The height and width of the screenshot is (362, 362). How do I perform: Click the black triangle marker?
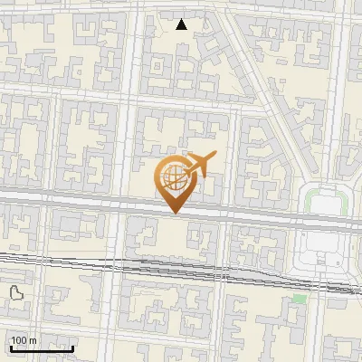[182, 24]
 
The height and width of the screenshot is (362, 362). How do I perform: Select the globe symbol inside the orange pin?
[175, 178]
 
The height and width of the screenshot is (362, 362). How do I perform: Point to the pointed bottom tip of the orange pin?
[175, 213]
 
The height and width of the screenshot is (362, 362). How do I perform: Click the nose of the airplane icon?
[214, 157]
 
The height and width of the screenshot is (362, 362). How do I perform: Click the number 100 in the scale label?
[19, 339]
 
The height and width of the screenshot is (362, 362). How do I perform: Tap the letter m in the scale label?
[33, 339]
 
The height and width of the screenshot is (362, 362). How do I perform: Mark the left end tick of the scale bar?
[10, 348]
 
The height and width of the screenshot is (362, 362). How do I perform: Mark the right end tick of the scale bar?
[73, 348]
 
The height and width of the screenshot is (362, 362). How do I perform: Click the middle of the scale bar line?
[42, 348]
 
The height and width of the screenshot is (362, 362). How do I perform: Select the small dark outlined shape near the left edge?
[16, 292]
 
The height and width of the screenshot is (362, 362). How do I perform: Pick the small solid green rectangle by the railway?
[300, 298]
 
